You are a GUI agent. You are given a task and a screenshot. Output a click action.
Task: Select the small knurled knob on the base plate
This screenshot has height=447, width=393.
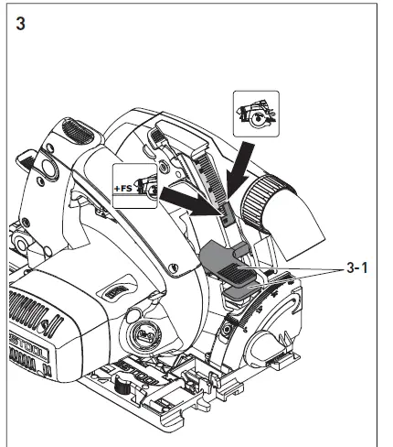[x=118, y=392]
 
